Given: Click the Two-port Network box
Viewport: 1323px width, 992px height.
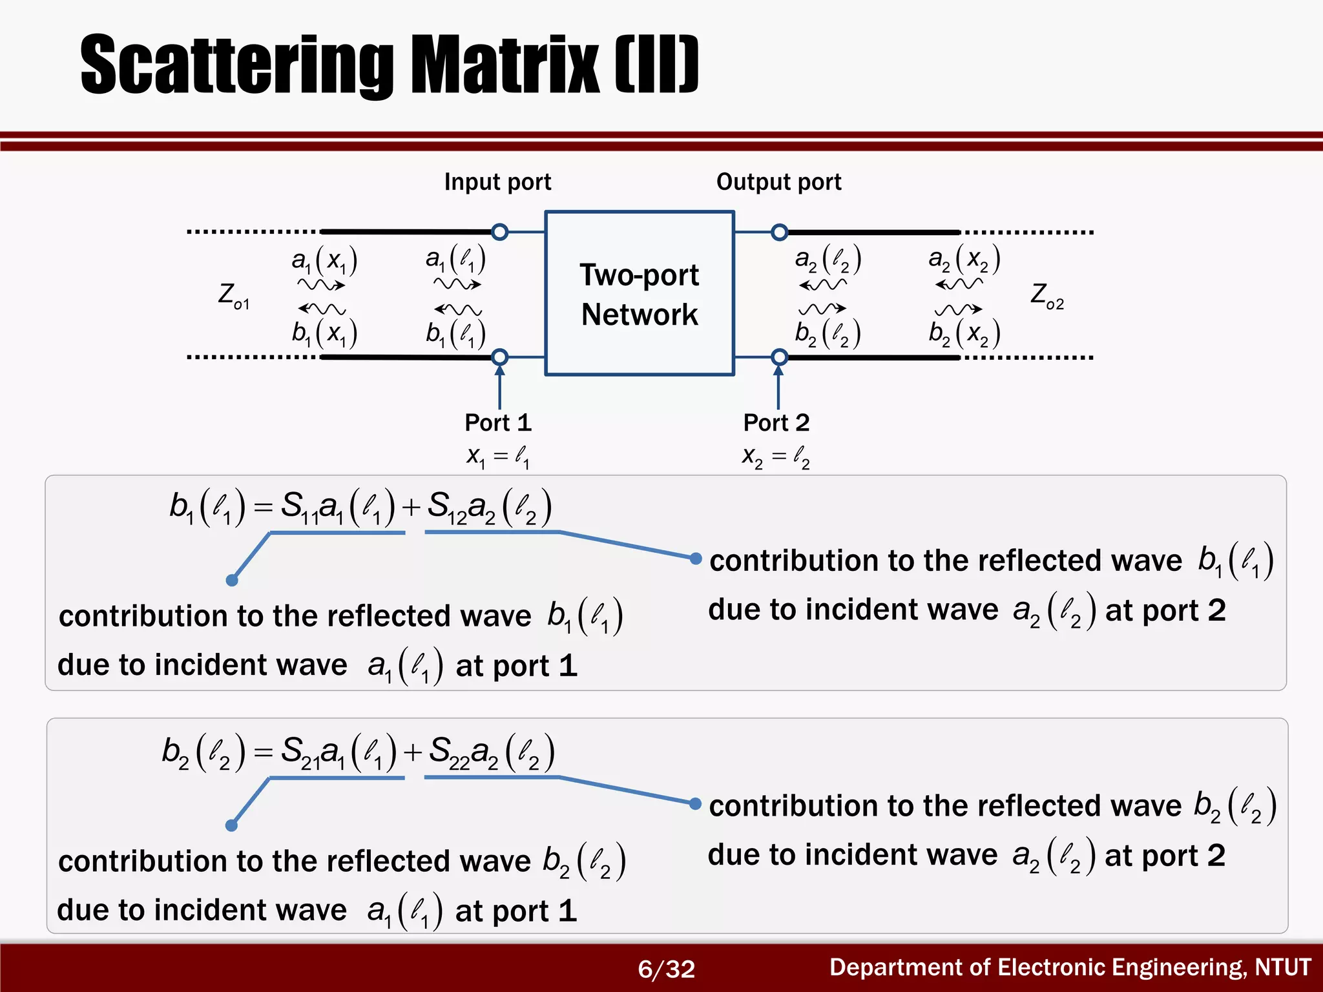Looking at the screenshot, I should [640, 293].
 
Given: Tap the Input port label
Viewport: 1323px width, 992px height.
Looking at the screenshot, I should [497, 182].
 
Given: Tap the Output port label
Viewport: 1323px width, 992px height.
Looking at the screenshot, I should [778, 182].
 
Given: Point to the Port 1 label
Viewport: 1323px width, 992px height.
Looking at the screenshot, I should [498, 422].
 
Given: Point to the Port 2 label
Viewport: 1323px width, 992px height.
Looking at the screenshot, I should [776, 422].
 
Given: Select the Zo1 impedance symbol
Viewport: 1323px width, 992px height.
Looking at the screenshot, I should [233, 296].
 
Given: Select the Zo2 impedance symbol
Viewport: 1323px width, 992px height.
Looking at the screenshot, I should [1047, 296].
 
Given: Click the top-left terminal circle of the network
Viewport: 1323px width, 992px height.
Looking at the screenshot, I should [499, 231].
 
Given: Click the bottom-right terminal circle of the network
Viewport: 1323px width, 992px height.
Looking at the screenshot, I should [780, 356].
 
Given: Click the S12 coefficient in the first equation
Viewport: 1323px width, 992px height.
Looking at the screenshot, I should [447, 507].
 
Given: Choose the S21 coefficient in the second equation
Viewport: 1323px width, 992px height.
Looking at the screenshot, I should [300, 752].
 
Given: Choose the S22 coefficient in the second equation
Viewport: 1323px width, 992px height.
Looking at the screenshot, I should [449, 752].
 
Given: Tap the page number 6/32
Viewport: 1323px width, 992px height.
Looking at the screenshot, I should [666, 969].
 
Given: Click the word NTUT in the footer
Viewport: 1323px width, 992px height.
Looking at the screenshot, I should [1282, 967].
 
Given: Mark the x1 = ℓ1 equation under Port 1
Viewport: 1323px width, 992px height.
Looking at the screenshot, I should [498, 457].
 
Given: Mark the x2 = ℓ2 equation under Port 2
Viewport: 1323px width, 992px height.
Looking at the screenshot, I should [776, 457].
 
